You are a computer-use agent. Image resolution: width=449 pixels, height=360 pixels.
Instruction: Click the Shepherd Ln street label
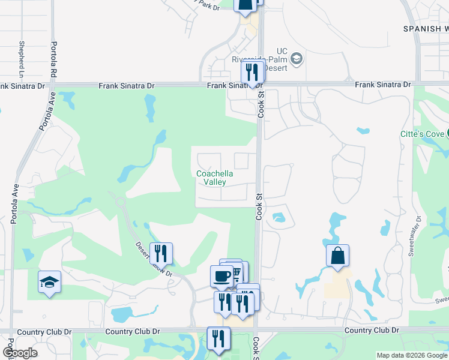21,59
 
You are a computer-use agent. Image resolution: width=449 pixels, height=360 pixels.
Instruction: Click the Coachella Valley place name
214,178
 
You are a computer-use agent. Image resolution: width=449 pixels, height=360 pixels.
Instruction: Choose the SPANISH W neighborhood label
426,28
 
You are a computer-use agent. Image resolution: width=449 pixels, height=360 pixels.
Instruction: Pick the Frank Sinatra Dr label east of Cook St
382,85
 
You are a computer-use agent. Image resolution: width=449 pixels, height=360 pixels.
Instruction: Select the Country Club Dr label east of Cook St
372,331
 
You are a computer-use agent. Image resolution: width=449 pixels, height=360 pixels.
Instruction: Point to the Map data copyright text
412,355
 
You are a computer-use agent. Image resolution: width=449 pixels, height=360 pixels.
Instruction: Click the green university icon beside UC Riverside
296,59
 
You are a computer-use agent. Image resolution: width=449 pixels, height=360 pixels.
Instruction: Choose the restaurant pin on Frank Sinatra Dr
252,72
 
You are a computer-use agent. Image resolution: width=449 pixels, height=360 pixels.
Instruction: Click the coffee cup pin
221,276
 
